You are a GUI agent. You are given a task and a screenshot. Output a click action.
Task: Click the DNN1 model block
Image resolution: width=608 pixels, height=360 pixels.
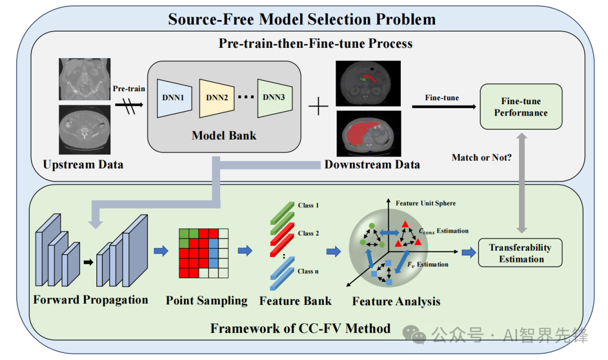174,98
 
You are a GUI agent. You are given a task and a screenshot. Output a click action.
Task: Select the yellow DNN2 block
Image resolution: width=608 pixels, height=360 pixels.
217,98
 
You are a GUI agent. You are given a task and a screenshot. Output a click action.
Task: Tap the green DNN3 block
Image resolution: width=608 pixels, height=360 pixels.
275,98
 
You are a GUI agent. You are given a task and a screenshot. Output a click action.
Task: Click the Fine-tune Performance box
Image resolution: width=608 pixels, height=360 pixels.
521,106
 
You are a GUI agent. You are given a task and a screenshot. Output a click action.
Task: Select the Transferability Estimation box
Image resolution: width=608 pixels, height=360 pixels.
520,253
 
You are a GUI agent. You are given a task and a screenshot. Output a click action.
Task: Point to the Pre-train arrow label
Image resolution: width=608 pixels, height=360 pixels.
129,88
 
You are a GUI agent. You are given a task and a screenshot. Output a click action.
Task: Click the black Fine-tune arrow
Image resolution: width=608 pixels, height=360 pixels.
444,106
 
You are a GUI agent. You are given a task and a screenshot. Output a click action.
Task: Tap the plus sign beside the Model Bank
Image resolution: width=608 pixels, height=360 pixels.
318,106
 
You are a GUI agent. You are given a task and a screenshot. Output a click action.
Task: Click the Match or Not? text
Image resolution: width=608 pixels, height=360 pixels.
481,158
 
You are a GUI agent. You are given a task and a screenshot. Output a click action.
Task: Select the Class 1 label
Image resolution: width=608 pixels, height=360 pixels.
309,205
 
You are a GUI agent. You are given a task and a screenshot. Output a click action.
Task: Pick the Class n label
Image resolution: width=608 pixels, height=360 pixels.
308,271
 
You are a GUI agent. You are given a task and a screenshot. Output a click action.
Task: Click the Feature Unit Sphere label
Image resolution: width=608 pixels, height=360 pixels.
426,203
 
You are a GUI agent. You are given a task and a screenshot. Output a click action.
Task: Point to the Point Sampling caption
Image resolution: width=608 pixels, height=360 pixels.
207,301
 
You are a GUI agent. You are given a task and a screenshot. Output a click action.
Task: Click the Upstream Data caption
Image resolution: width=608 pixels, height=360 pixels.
83,165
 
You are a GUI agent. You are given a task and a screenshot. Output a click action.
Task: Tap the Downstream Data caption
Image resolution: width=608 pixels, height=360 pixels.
372,165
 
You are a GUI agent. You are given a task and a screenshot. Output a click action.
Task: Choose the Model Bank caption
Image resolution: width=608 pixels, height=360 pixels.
224,135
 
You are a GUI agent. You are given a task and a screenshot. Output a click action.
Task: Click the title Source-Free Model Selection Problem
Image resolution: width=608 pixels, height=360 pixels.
302,19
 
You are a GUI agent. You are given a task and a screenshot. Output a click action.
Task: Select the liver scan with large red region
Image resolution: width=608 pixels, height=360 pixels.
368,134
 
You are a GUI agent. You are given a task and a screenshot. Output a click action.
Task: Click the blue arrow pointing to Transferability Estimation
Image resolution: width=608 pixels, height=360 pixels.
469,253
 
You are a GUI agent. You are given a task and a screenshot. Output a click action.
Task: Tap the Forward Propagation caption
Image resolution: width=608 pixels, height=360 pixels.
91,300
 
